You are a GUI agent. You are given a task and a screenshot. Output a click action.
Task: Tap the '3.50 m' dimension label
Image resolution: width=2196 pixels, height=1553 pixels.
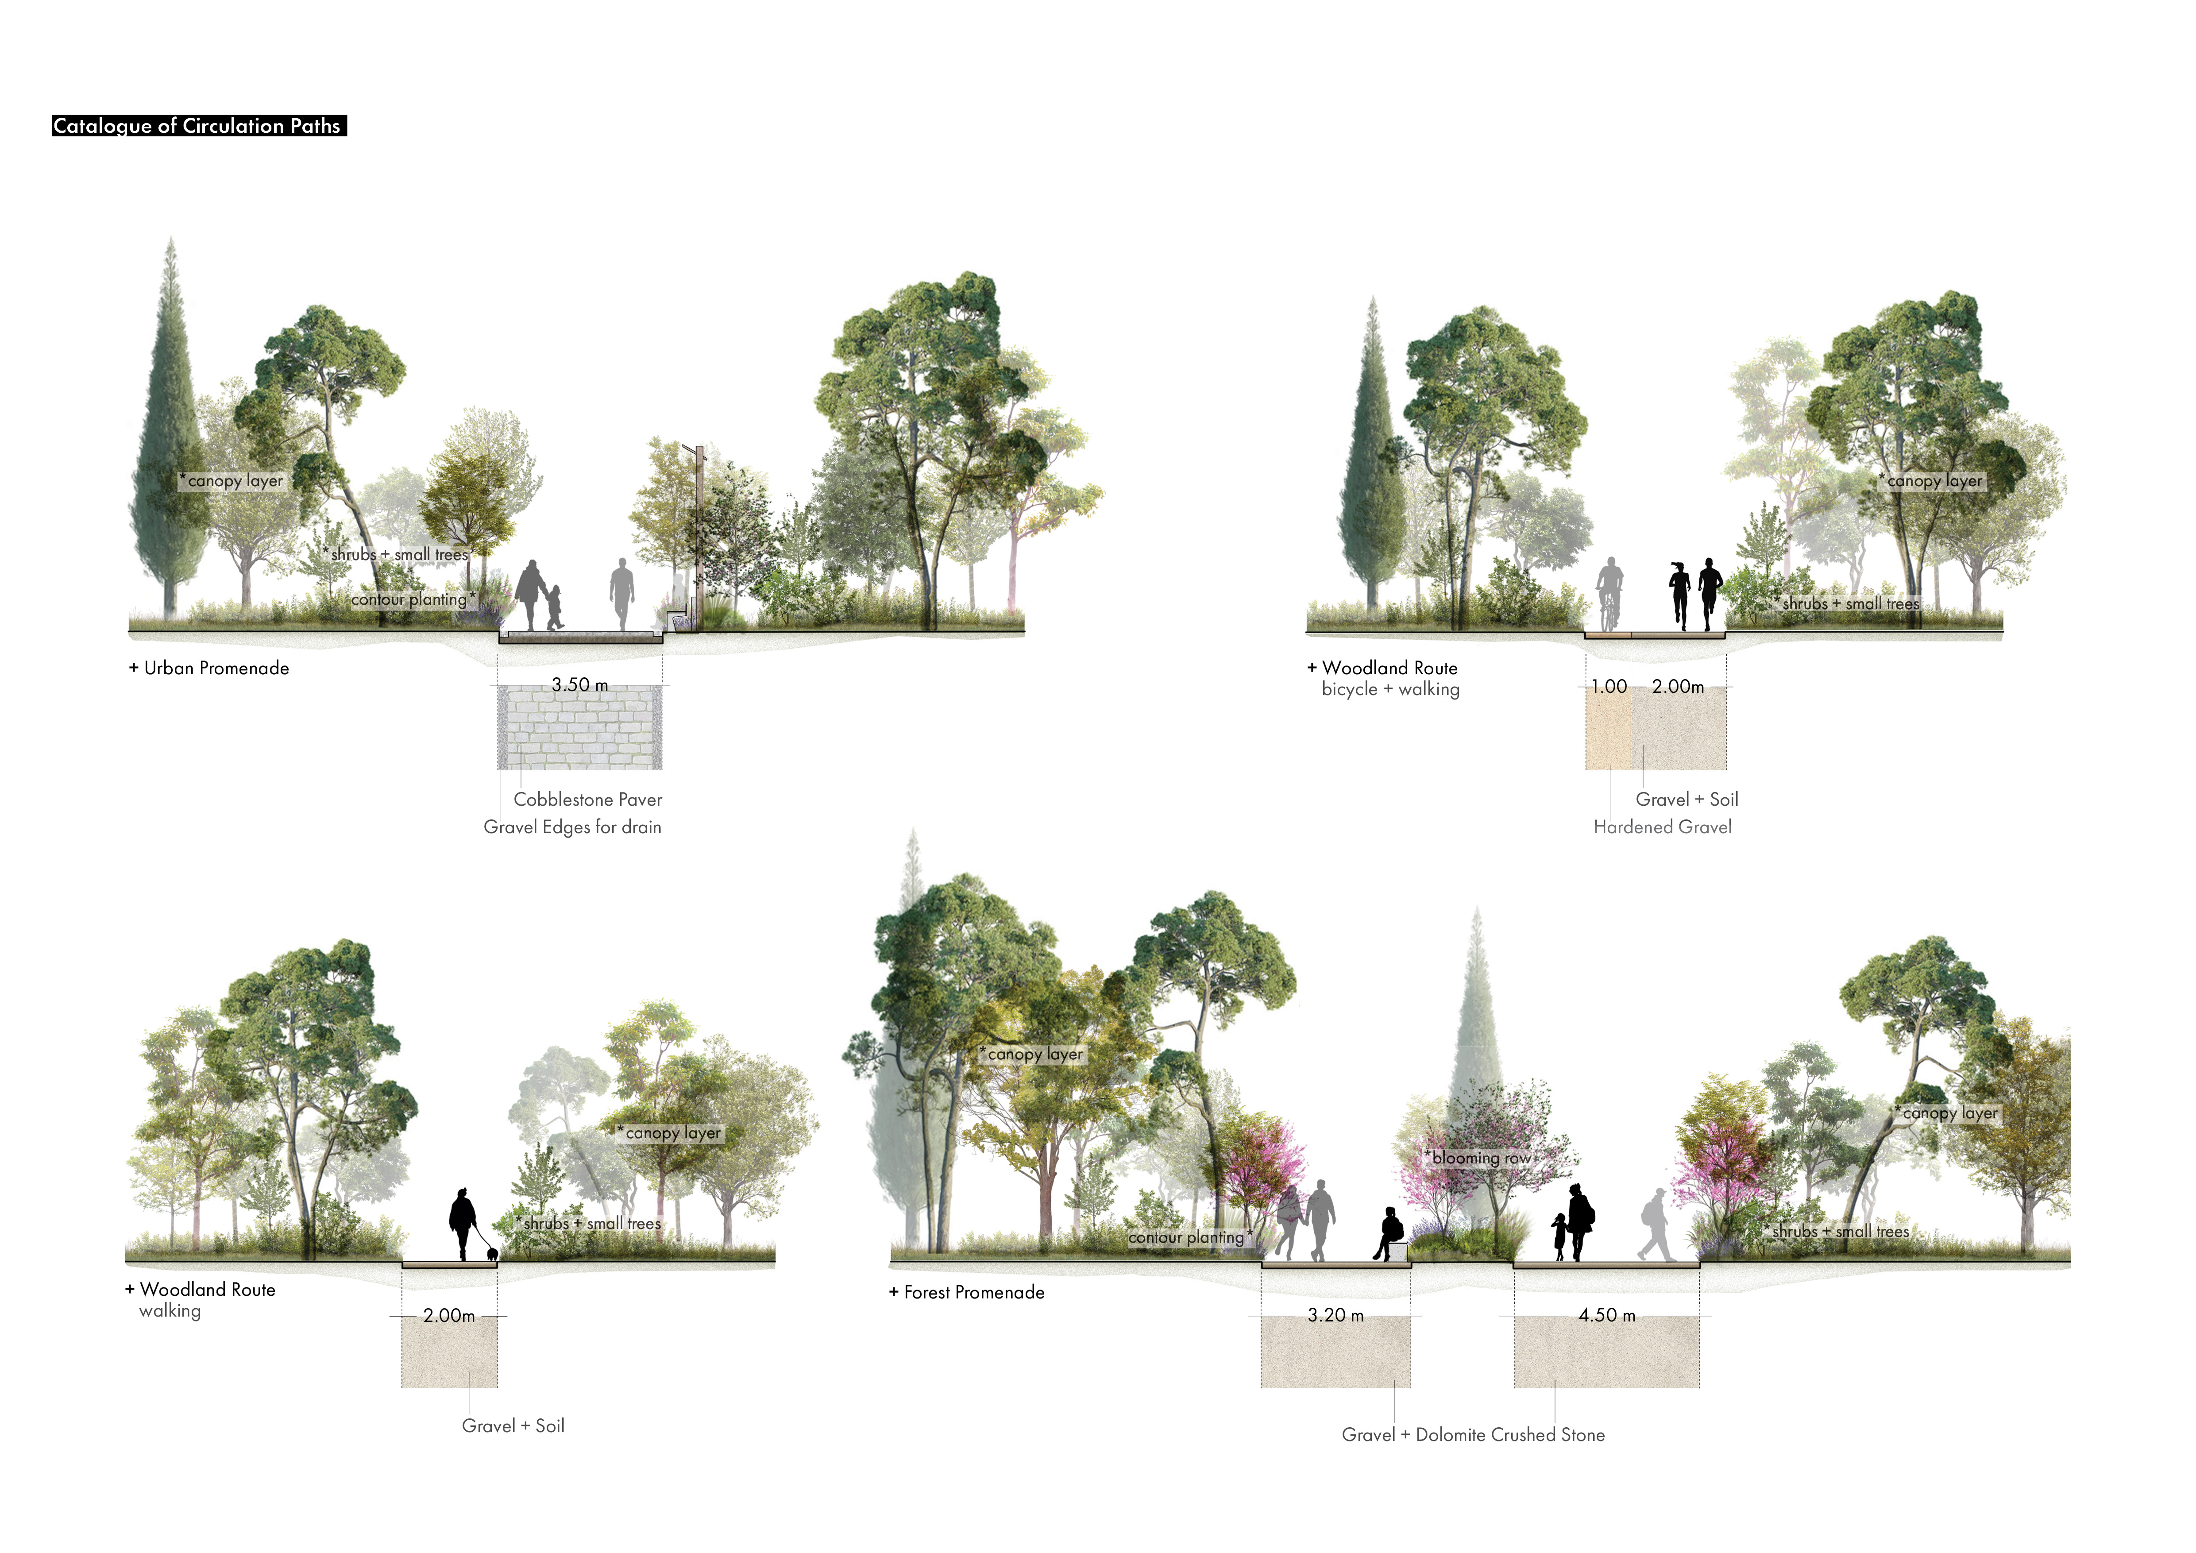tap(579, 685)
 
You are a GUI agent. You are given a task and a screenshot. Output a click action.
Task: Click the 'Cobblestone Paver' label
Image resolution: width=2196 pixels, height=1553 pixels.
tap(587, 800)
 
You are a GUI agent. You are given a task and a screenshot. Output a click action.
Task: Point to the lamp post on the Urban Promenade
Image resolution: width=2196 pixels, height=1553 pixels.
tap(699, 536)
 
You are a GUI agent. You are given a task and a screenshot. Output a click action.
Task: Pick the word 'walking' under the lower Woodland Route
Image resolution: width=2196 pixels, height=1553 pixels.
tap(170, 1311)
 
